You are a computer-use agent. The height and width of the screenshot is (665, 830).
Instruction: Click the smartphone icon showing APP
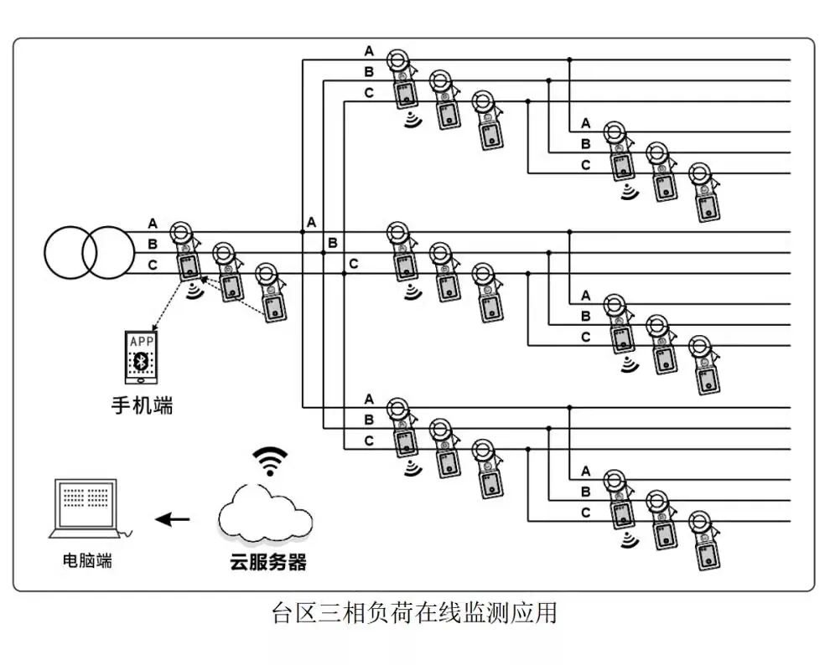[142, 358]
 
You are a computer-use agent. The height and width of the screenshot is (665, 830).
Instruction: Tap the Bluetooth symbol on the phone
[142, 362]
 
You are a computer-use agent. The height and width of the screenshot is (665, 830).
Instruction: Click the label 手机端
[142, 405]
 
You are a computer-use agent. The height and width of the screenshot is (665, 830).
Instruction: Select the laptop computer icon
[87, 508]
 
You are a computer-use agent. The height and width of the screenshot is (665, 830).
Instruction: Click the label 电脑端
[87, 560]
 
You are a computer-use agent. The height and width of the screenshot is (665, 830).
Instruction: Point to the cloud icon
[265, 513]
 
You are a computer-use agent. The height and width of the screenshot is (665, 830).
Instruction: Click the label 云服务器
[268, 562]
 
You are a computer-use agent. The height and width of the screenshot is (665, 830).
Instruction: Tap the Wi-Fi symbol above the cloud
[270, 461]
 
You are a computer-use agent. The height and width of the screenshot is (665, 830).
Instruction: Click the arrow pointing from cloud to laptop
[172, 519]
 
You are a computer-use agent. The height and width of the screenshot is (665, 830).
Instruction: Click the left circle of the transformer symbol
[44, 253]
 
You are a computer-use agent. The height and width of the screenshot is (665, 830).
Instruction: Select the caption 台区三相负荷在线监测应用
[414, 613]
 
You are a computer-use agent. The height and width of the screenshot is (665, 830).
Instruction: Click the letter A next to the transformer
[153, 224]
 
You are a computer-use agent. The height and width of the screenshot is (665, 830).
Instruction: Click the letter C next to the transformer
[153, 265]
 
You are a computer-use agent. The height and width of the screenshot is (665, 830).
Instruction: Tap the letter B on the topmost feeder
[369, 72]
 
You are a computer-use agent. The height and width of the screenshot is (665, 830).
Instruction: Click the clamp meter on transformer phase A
[186, 251]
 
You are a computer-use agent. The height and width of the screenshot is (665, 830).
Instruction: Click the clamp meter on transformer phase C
[272, 291]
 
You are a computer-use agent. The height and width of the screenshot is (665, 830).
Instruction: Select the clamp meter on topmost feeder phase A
[402, 79]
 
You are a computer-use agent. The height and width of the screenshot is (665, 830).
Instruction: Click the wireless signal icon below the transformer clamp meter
[195, 291]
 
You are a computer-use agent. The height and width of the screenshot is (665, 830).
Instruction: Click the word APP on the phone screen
[142, 342]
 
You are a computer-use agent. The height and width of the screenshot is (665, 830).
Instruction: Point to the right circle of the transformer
[134, 253]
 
